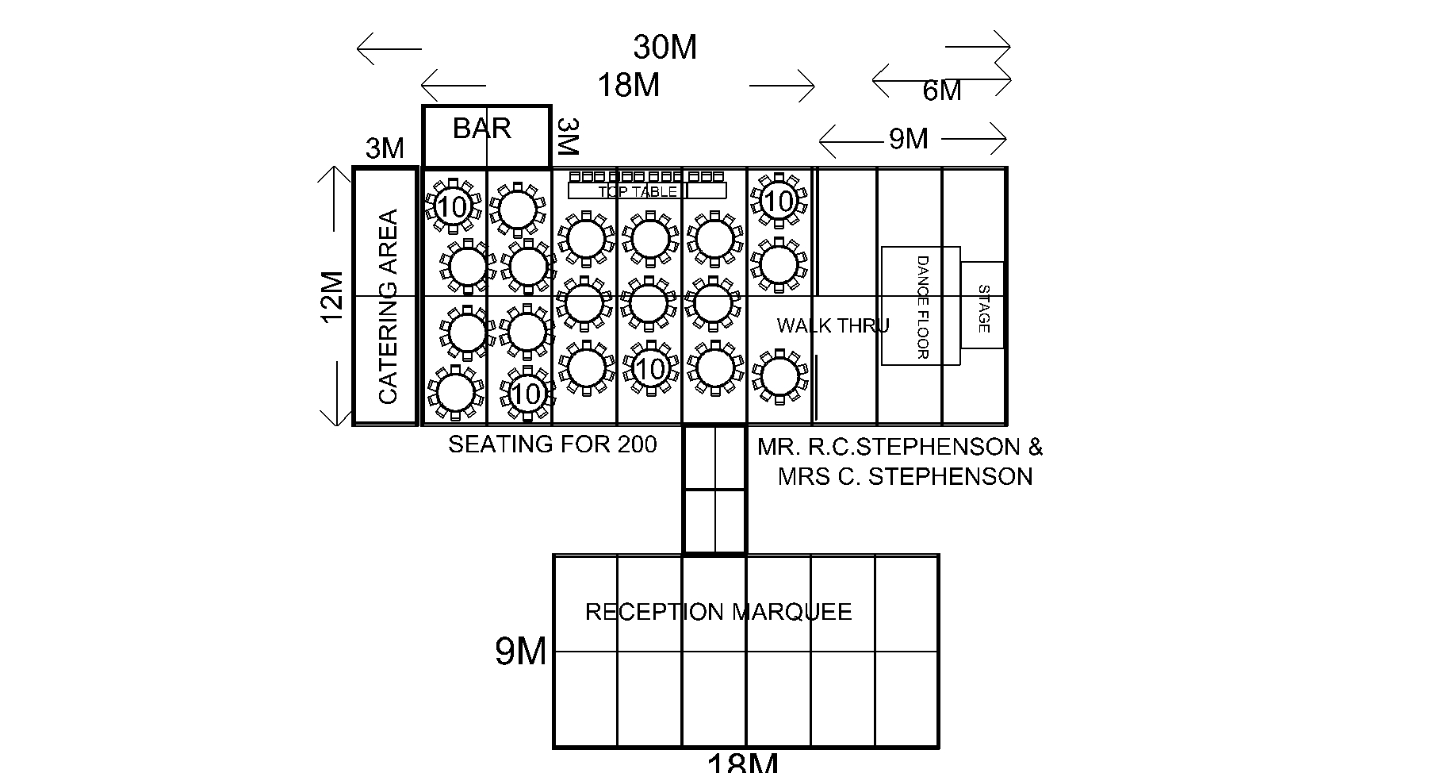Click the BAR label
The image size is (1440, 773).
coord(481,129)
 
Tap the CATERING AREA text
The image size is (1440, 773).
coord(388,306)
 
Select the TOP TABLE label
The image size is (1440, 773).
coord(638,191)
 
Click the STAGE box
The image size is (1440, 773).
coord(982,306)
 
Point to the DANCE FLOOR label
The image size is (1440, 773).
coord(921,306)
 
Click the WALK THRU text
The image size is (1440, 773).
coord(833,325)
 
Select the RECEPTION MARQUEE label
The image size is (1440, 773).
coord(718,612)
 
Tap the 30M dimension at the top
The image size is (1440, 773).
coord(664,48)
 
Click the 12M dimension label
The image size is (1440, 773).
coord(333,297)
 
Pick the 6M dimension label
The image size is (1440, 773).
coord(942,91)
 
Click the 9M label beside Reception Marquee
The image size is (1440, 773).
coord(521,652)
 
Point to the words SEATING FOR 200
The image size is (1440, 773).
coord(553,444)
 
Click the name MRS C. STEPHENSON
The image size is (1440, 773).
coord(905,477)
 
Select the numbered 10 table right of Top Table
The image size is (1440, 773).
coord(779,202)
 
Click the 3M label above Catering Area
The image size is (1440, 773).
coord(385,148)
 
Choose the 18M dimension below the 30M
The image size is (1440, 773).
coord(628,85)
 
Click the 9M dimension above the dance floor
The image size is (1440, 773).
coord(908,139)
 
